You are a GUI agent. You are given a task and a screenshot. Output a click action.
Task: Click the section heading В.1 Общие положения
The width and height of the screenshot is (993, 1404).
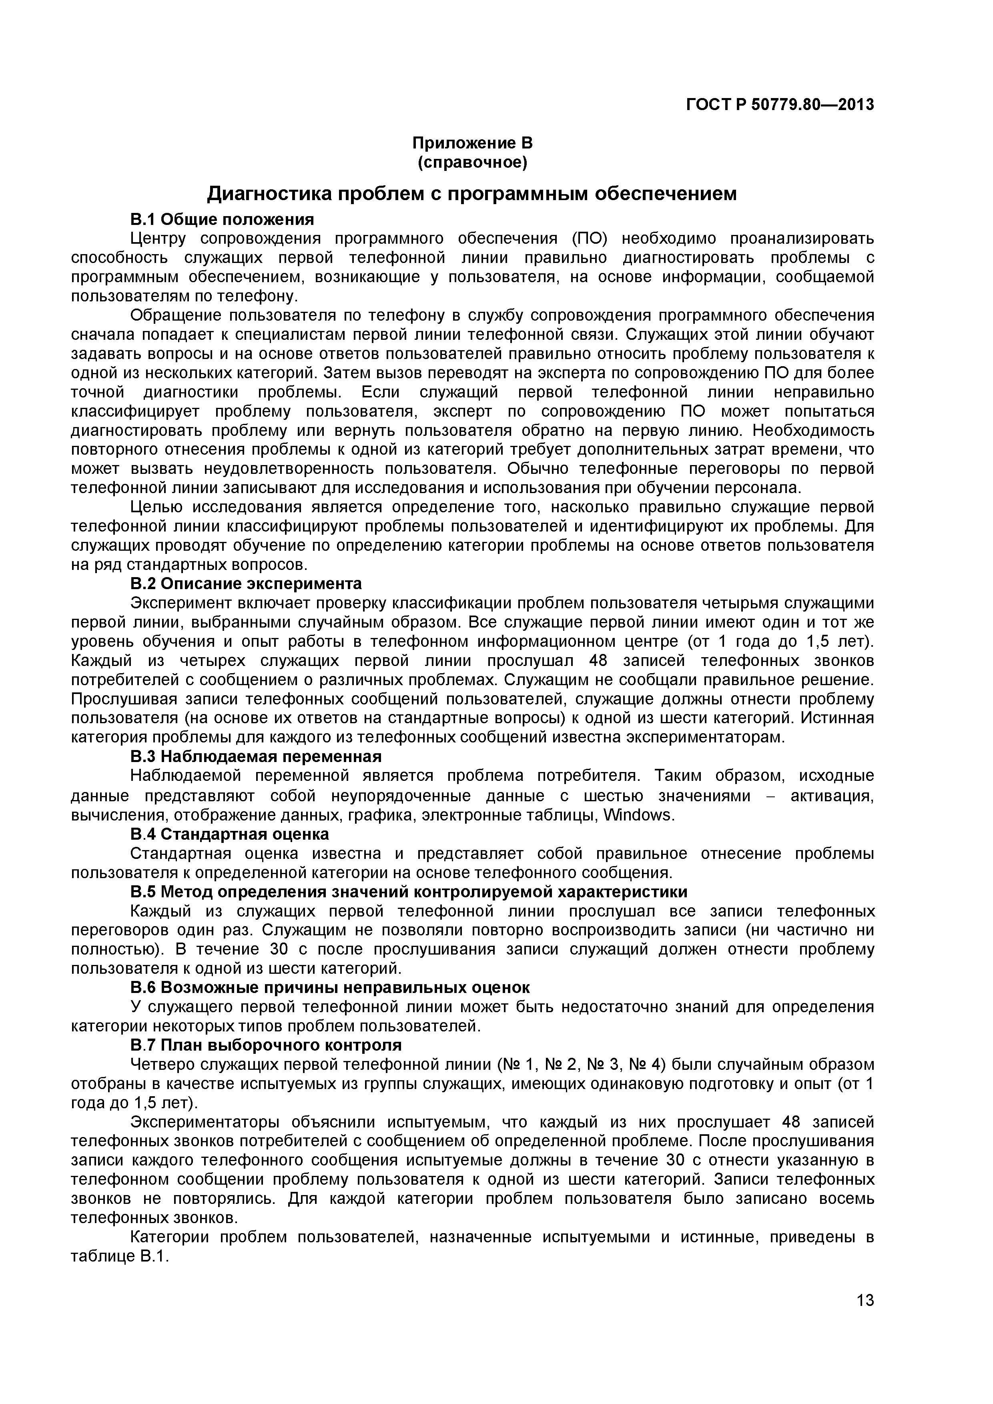point(222,219)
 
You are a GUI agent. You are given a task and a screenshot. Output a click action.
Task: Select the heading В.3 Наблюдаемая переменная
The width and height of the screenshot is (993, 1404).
point(256,756)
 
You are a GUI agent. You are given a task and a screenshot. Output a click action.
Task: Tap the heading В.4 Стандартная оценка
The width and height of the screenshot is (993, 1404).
point(229,834)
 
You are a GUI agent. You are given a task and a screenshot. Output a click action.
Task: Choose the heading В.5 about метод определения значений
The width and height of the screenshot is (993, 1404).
point(409,892)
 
